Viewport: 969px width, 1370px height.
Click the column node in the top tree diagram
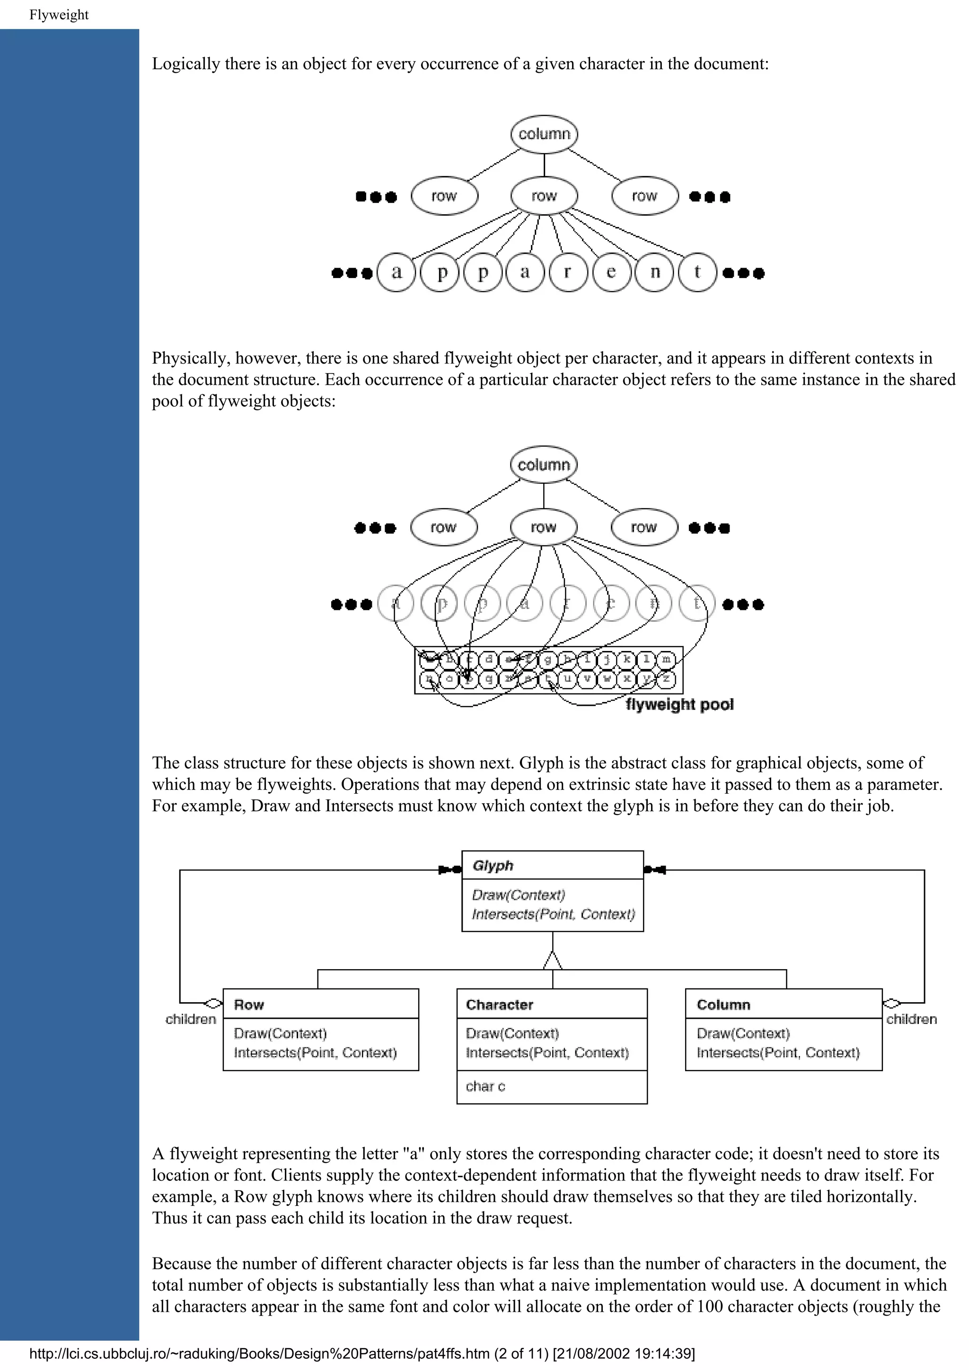coord(544,134)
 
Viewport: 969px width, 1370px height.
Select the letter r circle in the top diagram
coord(568,273)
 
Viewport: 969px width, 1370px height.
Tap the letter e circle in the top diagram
coord(611,273)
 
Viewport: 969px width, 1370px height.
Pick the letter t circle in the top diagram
coord(697,273)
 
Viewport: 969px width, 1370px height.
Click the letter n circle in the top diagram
coord(654,273)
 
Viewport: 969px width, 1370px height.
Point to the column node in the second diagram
coord(543,465)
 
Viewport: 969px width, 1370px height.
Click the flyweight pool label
coord(679,705)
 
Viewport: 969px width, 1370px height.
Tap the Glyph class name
coord(493,866)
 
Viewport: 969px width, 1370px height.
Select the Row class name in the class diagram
coord(249,1005)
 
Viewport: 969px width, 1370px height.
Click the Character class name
coord(499,1005)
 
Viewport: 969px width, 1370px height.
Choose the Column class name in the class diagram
coord(723,1005)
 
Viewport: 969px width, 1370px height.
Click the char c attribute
coord(485,1086)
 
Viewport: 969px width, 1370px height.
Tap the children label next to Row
coord(191,1019)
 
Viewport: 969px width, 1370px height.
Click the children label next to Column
coord(911,1019)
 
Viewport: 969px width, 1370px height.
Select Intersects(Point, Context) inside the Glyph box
coord(553,914)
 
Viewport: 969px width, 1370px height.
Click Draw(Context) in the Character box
coord(512,1033)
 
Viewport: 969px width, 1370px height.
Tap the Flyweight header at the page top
coord(59,15)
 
